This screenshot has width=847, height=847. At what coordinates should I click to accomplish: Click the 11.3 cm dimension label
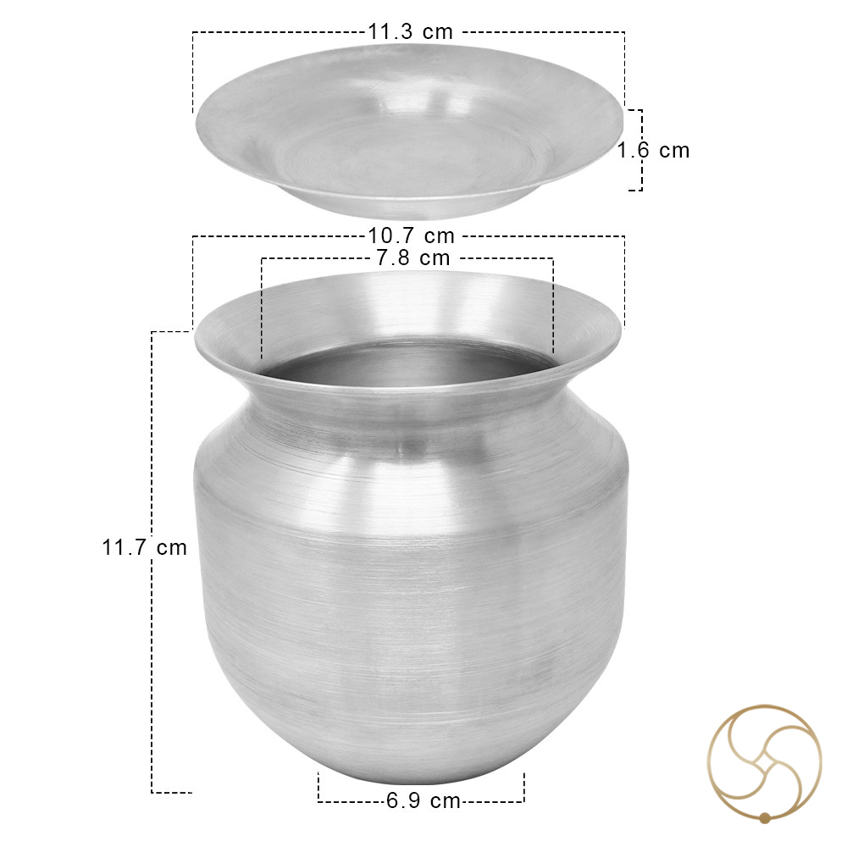(x=411, y=32)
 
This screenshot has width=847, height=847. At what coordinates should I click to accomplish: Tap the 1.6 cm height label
(x=654, y=150)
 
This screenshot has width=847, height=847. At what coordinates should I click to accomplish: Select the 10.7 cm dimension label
(x=412, y=236)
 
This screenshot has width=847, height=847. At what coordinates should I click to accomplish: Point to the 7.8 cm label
(x=413, y=258)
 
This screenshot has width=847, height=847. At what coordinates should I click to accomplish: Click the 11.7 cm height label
(x=145, y=547)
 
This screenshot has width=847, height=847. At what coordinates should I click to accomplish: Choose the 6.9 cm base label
(x=423, y=800)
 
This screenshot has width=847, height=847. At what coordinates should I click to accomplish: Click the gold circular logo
(x=765, y=763)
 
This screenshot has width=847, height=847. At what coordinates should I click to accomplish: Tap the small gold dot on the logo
(x=764, y=817)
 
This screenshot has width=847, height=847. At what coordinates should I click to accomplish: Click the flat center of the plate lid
(x=408, y=157)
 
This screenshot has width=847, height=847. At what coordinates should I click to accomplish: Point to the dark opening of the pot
(x=409, y=363)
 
